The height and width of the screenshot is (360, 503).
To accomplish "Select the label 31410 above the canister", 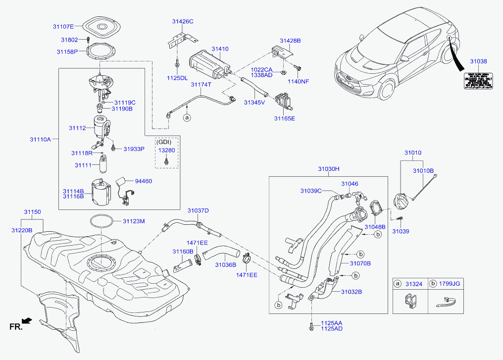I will (x=220, y=49).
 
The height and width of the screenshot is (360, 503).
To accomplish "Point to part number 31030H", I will (x=329, y=169).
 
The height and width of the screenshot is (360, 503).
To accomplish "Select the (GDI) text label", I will (x=166, y=141).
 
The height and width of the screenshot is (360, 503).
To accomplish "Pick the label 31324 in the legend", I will (x=414, y=284).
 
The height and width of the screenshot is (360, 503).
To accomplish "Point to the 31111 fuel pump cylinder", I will (x=104, y=164).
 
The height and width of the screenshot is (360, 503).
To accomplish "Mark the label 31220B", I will (x=22, y=230).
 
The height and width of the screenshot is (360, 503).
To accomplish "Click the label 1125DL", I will (x=177, y=78).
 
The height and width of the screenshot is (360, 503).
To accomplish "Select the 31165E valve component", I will (x=284, y=102).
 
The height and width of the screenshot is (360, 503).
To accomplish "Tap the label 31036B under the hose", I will (x=225, y=265).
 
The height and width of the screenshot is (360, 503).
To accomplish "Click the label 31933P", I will (x=134, y=149).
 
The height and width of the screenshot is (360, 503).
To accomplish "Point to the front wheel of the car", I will (x=387, y=92).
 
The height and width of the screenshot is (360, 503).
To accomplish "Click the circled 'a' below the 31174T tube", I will (x=187, y=118).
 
